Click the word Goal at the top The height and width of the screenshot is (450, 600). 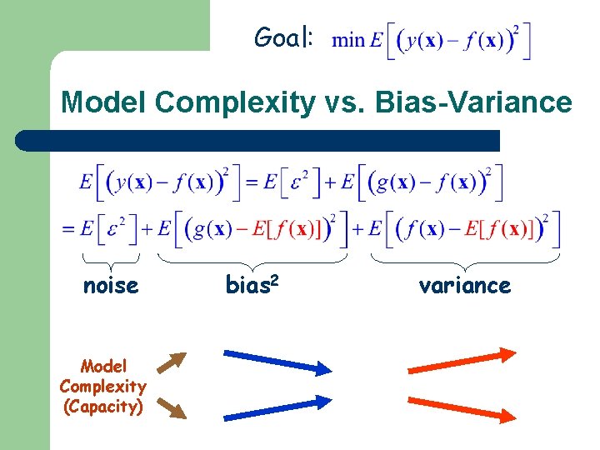pos(283,37)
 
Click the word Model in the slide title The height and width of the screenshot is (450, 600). pos(104,103)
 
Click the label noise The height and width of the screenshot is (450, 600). pos(110,286)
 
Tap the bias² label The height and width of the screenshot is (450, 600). pos(252,285)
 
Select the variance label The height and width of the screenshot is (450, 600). pos(464,286)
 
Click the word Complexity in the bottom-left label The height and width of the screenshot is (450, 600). pos(103,386)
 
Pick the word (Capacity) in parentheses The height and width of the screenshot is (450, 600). pos(103,406)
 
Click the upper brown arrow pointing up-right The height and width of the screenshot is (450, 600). pos(172,363)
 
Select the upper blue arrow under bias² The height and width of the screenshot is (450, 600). pos(277,362)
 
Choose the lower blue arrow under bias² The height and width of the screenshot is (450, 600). pos(277,407)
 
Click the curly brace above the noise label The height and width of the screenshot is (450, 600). pos(110,260)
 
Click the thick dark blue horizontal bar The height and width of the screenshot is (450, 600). pos(258,140)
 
